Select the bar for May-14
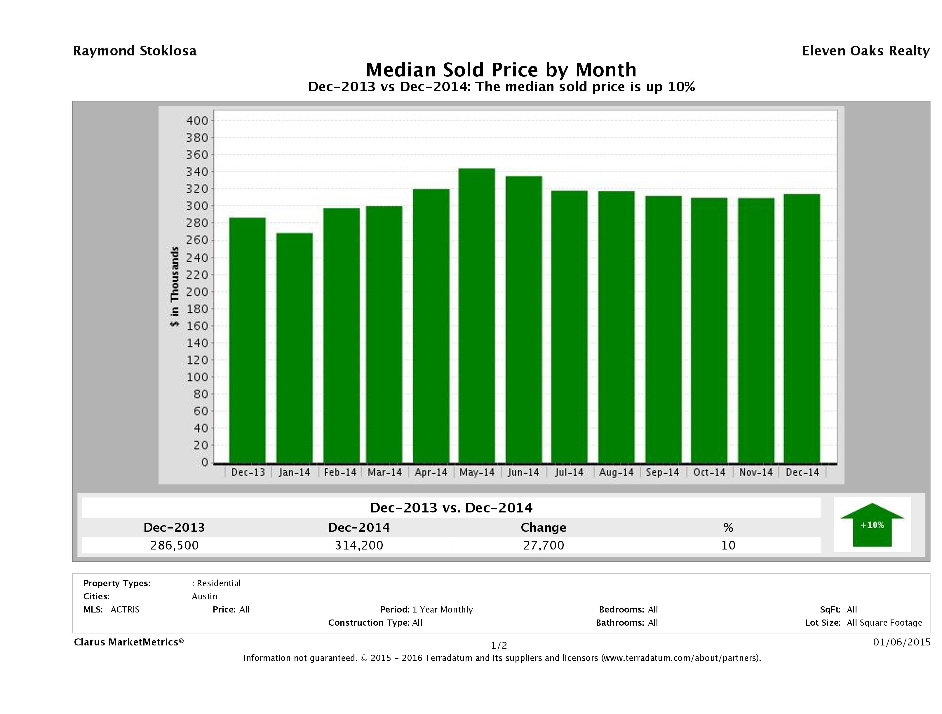pos(476,315)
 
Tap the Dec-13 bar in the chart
pos(248,340)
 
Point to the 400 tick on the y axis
pos(197,121)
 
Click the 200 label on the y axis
pos(197,292)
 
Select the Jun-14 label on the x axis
pos(523,472)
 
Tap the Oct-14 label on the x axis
pos(709,472)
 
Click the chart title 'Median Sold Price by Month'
pos(501,70)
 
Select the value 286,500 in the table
pos(174,545)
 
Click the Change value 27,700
pos(544,545)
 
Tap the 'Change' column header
pos(544,528)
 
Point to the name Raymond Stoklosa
pos(135,51)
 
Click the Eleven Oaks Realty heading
pos(865,51)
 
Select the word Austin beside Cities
pos(204,596)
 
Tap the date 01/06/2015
pos(901,642)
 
